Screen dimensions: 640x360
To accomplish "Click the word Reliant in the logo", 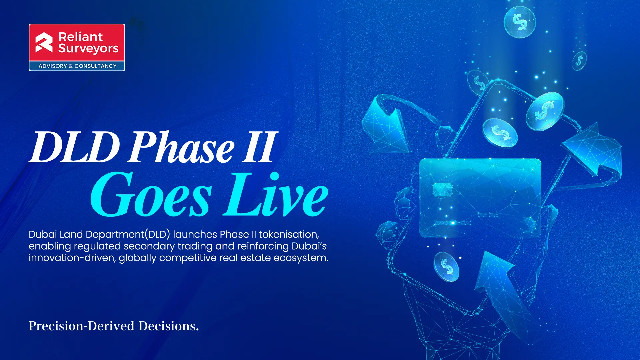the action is (80, 37).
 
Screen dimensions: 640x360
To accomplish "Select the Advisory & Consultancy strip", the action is (77, 66).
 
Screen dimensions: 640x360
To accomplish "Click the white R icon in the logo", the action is (44, 43).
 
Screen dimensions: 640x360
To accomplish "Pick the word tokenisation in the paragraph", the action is (289, 234).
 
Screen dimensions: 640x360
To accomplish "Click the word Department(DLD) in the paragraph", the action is (128, 235).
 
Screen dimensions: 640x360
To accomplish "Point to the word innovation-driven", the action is (72, 258).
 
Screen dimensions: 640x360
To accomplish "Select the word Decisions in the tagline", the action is (169, 326).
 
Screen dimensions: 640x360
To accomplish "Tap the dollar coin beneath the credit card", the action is (447, 266).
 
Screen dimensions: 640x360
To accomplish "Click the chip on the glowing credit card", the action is (442, 189).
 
